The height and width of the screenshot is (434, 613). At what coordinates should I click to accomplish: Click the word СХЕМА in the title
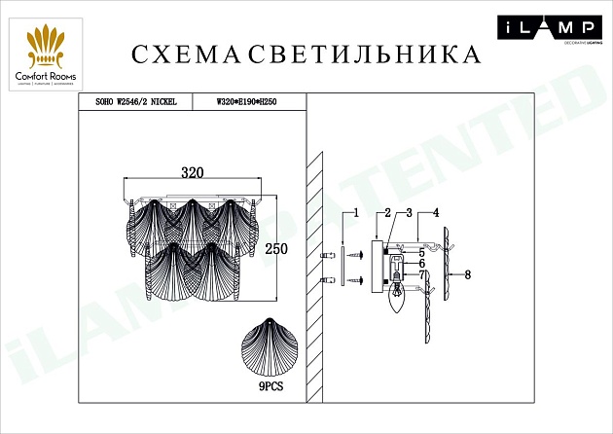[183, 54]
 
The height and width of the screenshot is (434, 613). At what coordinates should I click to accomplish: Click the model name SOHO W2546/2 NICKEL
[136, 100]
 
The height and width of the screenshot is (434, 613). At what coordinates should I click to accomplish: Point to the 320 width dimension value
[193, 173]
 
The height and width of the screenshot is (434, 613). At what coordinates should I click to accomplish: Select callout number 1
[357, 213]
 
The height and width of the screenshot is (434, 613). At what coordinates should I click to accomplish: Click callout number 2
[386, 213]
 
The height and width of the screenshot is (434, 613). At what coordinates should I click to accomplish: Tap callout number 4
[436, 213]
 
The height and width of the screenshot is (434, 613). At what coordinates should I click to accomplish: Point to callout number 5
[422, 249]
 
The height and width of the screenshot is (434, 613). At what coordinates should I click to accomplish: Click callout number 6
[422, 263]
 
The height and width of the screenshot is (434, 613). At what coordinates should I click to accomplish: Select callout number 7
[422, 275]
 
